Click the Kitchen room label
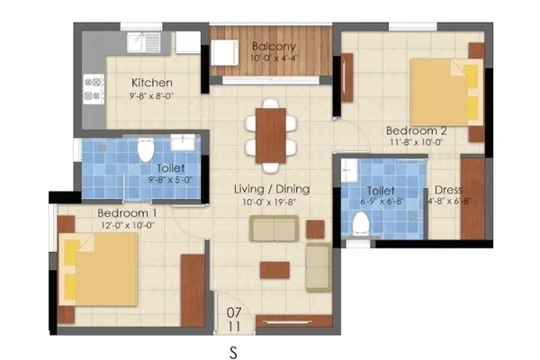(152, 83)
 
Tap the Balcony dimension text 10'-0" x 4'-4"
(274, 58)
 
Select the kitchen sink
(144, 42)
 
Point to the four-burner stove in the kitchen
(94, 89)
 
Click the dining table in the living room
(271, 135)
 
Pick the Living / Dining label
(272, 189)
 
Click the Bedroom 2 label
(417, 130)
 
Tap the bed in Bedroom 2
(447, 93)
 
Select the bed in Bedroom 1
(98, 269)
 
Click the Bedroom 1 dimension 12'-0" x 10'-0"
(128, 226)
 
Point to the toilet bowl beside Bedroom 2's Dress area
(361, 223)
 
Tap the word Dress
(448, 190)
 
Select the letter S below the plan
(233, 353)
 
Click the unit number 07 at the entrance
(234, 313)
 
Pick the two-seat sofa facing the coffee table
(274, 229)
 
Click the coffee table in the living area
(274, 270)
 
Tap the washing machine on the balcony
(225, 53)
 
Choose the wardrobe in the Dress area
(472, 199)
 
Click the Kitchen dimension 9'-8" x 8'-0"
(151, 95)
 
